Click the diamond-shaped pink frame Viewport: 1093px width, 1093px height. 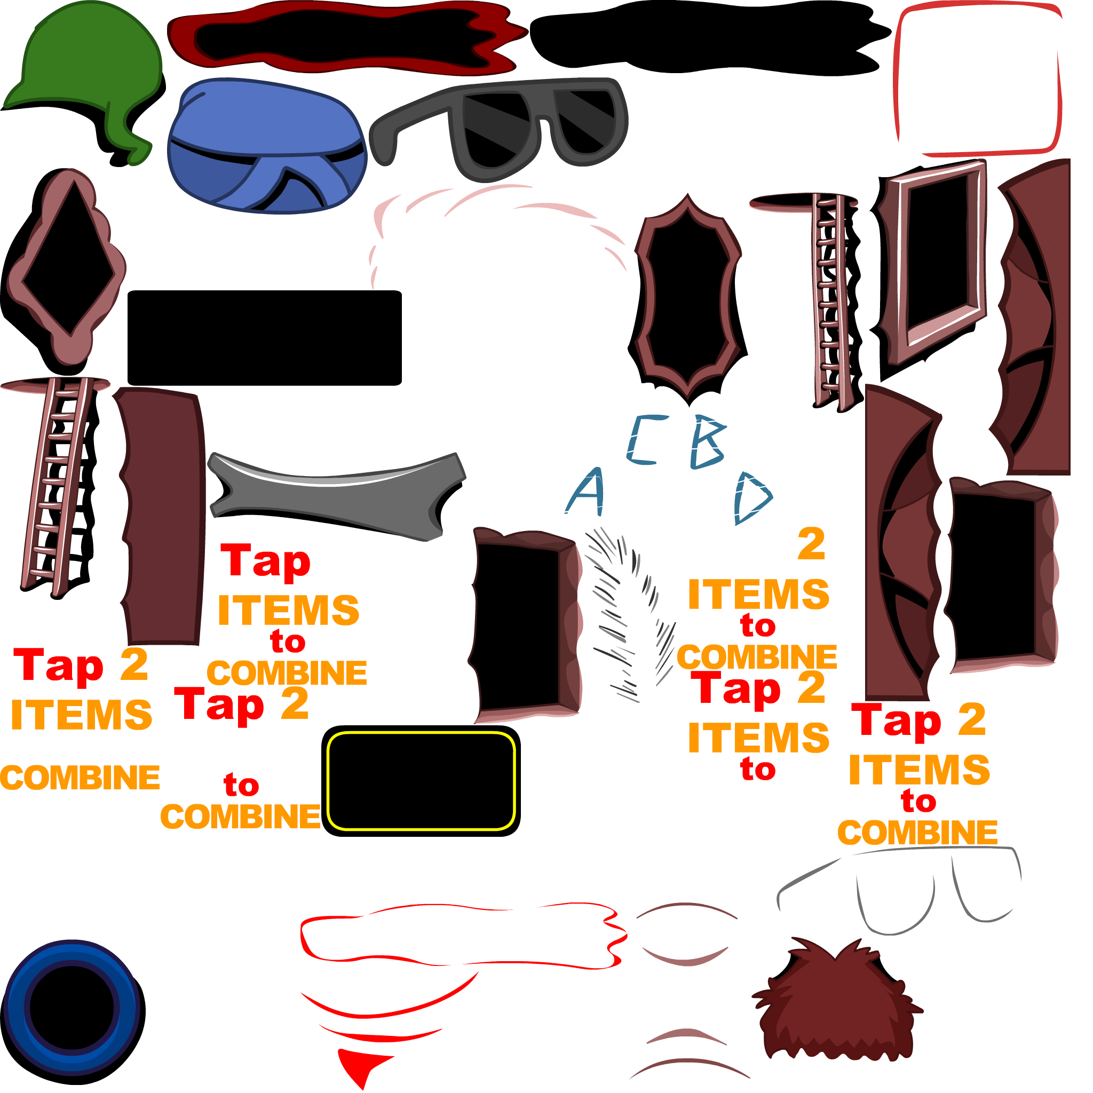[x=66, y=266]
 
